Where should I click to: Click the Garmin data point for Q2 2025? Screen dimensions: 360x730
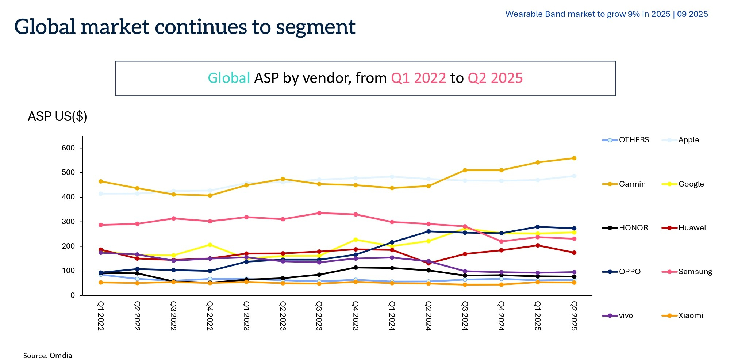(x=574, y=158)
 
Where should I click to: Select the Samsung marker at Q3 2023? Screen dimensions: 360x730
(x=319, y=213)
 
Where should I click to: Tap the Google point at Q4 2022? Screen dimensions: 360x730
(x=210, y=245)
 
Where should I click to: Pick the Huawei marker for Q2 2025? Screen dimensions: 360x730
(x=574, y=253)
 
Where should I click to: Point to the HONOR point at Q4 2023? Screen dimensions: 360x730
(x=356, y=268)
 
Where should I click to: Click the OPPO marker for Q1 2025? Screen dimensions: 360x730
(x=538, y=227)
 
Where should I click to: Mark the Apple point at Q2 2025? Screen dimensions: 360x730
(x=574, y=176)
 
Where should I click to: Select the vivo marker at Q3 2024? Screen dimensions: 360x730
(x=465, y=271)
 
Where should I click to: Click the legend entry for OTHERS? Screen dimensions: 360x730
(x=634, y=140)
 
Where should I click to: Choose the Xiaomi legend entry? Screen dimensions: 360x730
(x=690, y=315)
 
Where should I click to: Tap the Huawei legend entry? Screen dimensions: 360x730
(x=692, y=228)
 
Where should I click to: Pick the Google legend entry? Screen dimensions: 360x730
(x=691, y=184)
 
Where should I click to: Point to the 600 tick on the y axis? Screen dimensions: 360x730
(x=68, y=148)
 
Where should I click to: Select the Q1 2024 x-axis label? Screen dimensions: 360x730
(x=392, y=316)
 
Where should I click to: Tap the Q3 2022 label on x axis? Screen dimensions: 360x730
(x=173, y=316)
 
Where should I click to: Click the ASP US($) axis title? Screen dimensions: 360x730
(x=57, y=116)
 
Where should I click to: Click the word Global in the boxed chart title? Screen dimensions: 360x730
(x=229, y=78)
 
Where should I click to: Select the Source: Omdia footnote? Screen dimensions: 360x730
(x=48, y=355)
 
